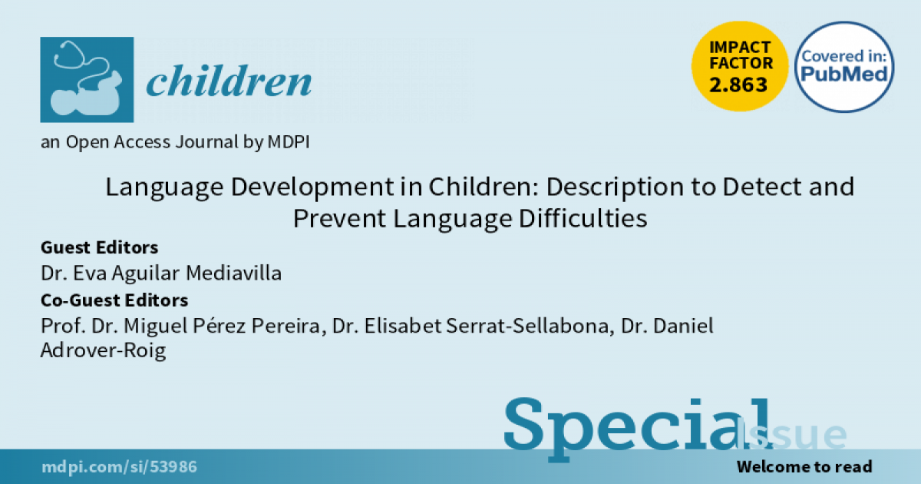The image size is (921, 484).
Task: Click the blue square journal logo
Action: pos(87,79)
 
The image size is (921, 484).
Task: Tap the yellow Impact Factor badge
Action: pos(740,66)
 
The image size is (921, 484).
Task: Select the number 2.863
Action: pos(738,85)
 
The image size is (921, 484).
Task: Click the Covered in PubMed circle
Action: pos(844,67)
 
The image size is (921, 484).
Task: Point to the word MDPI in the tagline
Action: pos(289,142)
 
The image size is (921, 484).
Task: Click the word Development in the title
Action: pos(312,187)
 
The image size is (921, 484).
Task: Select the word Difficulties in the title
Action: pos(583,218)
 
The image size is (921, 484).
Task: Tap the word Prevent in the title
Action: pos(339,218)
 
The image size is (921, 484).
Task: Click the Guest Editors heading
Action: pos(100,247)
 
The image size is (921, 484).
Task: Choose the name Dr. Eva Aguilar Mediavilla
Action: pos(161,273)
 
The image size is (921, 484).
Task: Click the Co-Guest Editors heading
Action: pos(114,300)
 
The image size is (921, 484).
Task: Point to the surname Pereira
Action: pos(286,326)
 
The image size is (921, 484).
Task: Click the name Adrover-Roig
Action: pos(103,350)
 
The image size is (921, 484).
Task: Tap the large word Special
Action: pos(638,429)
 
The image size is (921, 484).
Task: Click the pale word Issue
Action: pos(791,434)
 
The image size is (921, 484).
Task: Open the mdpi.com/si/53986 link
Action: pos(119,467)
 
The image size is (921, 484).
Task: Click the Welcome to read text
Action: pos(804,467)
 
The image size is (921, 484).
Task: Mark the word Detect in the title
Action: pos(762,187)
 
